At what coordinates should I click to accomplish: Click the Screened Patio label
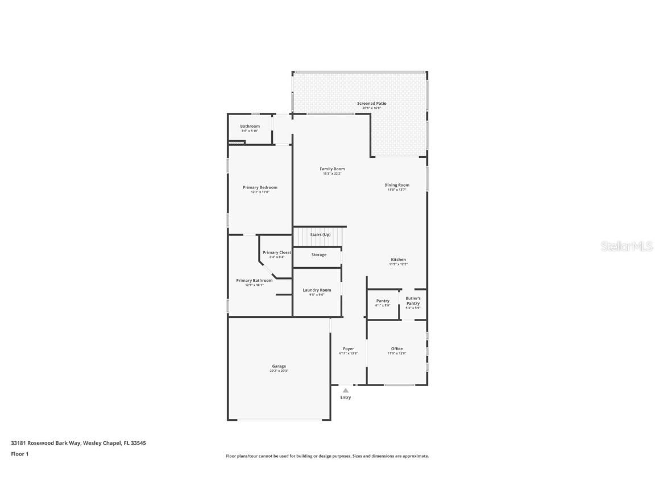[x=371, y=104]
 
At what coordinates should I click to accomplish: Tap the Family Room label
[x=332, y=169]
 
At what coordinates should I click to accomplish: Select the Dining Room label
[x=397, y=185]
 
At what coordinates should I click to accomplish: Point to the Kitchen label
[x=398, y=260]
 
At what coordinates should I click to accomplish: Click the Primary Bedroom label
[x=260, y=187]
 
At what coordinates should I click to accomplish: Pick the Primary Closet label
[x=277, y=252]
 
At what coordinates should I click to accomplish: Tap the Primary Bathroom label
[x=254, y=280]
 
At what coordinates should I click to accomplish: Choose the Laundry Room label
[x=317, y=290]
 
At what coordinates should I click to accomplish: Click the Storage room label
[x=319, y=255]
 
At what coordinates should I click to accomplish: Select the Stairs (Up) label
[x=320, y=235]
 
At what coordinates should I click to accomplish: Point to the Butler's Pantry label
[x=413, y=301]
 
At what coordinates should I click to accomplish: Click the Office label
[x=397, y=348]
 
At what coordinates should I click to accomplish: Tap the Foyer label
[x=349, y=348]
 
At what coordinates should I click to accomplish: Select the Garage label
[x=279, y=366]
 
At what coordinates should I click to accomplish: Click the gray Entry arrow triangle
[x=346, y=391]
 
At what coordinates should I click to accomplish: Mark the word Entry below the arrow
[x=346, y=397]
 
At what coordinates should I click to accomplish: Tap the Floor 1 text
[x=20, y=454]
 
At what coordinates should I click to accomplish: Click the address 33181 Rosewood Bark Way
[x=46, y=442]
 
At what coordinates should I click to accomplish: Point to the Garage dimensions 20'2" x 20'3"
[x=279, y=371]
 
